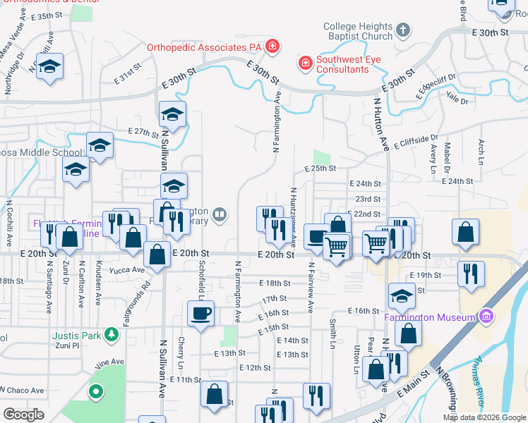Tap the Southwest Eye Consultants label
tap(342, 64)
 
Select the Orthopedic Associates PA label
tap(204, 47)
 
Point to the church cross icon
tap(402, 30)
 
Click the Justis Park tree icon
tap(111, 333)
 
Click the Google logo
tap(24, 415)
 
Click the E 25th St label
tap(320, 168)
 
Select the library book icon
tap(220, 214)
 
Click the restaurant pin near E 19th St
tap(471, 273)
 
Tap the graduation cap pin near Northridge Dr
tap(49, 67)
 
